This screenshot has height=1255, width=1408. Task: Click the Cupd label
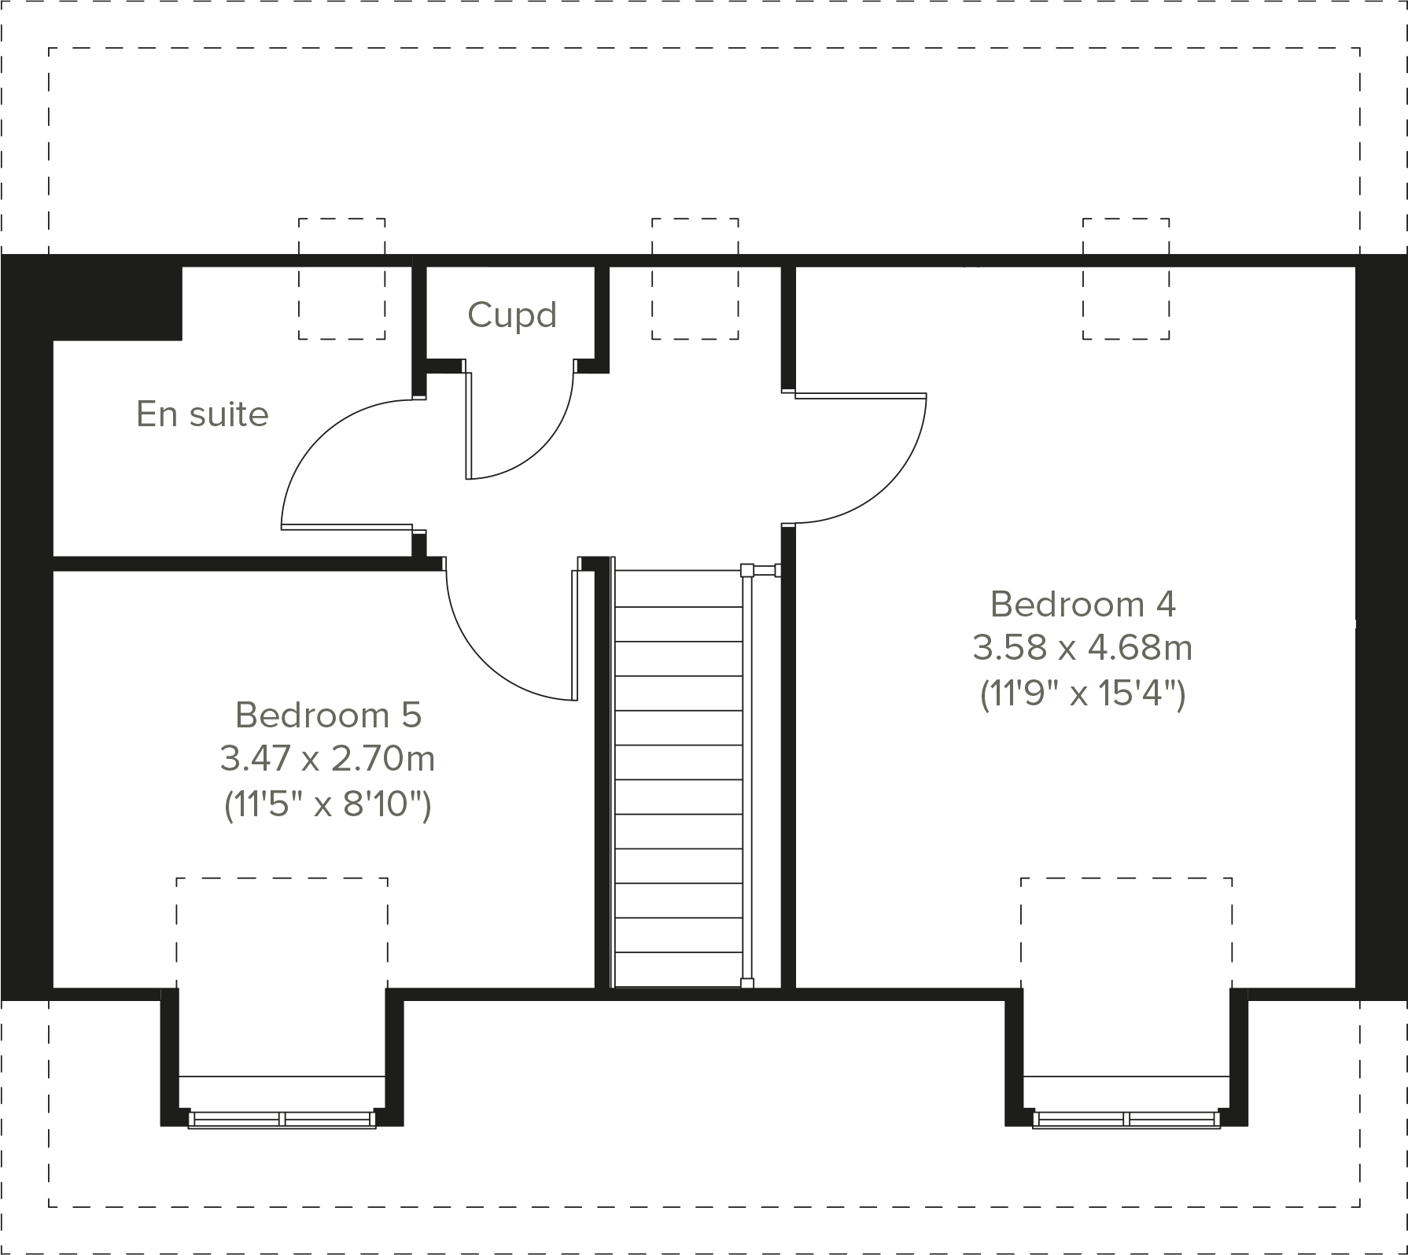(x=512, y=315)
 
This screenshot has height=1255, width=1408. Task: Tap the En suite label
(x=202, y=414)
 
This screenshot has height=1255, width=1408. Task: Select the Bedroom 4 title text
(x=1082, y=605)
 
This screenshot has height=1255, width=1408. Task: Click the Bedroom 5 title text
(x=328, y=716)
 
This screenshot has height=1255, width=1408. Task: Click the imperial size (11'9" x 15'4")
(x=1082, y=694)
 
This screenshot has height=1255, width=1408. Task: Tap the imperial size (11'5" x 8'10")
(x=327, y=805)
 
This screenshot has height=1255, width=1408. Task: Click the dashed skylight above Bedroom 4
(x=1126, y=279)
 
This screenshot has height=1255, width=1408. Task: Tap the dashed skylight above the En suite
(x=341, y=279)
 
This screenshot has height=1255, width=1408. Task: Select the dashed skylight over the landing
(x=695, y=279)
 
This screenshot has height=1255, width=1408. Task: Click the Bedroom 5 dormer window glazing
(x=282, y=1118)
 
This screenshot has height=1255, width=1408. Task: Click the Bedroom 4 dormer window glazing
(x=1126, y=1118)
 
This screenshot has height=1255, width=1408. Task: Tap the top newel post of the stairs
(x=747, y=570)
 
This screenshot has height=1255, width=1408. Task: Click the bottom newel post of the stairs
(x=747, y=983)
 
